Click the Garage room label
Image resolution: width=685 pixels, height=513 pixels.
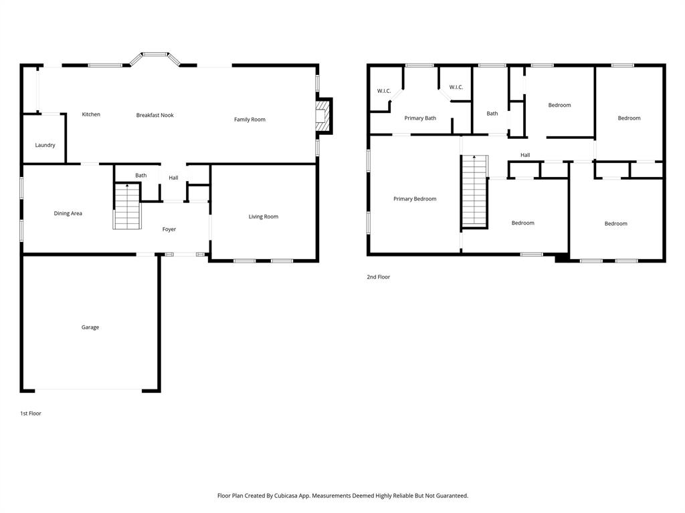tap(90, 327)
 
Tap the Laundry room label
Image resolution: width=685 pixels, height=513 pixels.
tap(45, 145)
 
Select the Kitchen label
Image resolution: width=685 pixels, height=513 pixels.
tap(91, 114)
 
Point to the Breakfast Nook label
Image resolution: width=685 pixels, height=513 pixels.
tap(155, 115)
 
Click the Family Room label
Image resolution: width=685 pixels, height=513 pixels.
tap(250, 120)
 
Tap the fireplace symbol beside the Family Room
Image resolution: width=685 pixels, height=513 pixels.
tap(324, 116)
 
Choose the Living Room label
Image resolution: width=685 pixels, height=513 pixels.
tap(263, 216)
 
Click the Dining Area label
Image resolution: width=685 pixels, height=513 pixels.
tap(68, 213)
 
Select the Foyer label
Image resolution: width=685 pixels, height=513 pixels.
tap(169, 229)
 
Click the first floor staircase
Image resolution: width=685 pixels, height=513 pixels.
tap(126, 207)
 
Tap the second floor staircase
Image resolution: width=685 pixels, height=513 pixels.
tap(474, 191)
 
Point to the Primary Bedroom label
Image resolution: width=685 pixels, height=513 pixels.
tap(415, 198)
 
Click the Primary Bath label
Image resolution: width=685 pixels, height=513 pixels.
tap(420, 118)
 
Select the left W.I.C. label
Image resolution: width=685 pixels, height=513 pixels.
tap(383, 91)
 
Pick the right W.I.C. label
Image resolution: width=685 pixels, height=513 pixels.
tap(456, 87)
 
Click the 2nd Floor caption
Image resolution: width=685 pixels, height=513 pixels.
tap(378, 277)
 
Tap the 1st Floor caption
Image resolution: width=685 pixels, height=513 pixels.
tap(30, 413)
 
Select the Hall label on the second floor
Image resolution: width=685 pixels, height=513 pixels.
tap(525, 155)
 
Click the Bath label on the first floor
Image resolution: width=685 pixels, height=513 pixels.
tap(140, 176)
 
